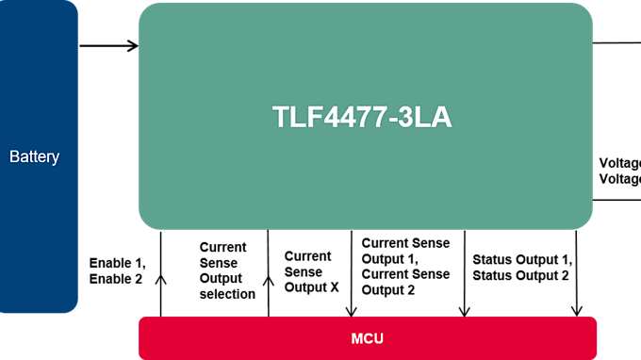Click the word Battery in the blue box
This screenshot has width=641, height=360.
[x=34, y=156]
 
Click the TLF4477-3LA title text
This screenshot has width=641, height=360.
[x=362, y=117]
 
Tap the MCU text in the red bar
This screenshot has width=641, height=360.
[x=366, y=337]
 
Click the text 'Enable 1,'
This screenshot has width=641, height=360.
[x=117, y=263]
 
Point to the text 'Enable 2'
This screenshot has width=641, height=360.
[x=116, y=279]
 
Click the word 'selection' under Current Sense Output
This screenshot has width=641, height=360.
[x=227, y=294]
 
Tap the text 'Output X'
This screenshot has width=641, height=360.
[x=311, y=287]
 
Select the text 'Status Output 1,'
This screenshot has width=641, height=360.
[x=521, y=259]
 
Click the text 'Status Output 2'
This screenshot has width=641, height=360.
[x=520, y=275]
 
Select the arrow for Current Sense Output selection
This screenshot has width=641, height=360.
[x=269, y=273]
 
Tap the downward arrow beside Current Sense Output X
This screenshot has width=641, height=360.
[x=352, y=273]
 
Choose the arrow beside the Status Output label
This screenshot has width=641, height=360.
[x=576, y=273]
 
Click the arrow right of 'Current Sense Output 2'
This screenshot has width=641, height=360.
[x=464, y=273]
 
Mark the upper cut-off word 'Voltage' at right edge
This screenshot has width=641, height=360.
[x=619, y=163]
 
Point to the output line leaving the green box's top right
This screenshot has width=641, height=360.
[x=616, y=42]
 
